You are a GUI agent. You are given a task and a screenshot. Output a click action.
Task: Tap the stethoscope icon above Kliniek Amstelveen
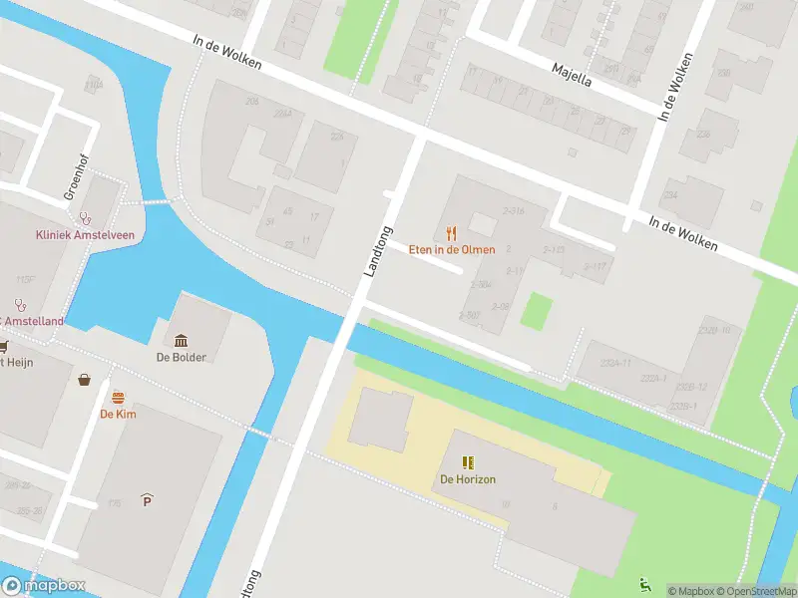[86, 216]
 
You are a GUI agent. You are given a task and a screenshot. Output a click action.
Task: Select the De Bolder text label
[181, 357]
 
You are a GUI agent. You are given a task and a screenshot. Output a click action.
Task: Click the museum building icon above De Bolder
[181, 340]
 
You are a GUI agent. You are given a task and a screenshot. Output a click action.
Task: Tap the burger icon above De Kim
[118, 397]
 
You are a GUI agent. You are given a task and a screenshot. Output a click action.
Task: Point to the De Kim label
[118, 414]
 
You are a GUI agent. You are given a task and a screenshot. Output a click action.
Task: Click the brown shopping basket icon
[85, 380]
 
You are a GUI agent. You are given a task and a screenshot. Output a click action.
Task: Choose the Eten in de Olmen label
[451, 249]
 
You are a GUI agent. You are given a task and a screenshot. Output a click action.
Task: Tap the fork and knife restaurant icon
[451, 232]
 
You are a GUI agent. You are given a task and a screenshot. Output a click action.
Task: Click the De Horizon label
[468, 479]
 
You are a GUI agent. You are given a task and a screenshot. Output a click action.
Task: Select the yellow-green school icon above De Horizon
[468, 462]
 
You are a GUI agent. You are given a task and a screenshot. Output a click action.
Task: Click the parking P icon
[147, 498]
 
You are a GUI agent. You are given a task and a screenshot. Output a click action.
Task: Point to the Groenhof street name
[71, 177]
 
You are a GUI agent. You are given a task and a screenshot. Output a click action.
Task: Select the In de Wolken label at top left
[228, 49]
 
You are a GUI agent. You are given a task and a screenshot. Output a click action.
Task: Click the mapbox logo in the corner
[44, 586]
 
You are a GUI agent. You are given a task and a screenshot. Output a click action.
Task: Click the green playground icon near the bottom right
[643, 584]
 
